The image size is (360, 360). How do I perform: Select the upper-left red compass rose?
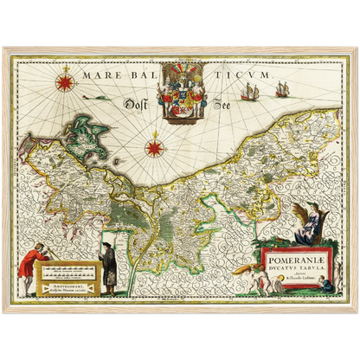pos(64,83)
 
